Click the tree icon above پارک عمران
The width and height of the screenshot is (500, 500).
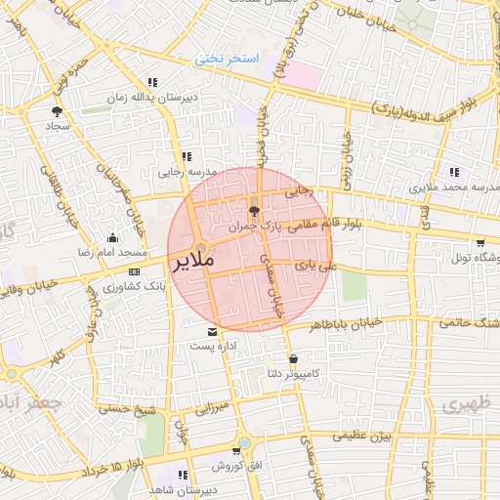tap(255, 210)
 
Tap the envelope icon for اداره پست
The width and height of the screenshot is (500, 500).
tap(213, 333)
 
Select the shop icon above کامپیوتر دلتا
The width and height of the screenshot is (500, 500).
tap(294, 358)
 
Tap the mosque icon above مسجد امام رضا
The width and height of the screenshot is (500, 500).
tap(112, 237)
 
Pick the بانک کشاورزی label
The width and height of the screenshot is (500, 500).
tap(135, 288)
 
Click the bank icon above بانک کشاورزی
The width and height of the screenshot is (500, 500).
tap(134, 272)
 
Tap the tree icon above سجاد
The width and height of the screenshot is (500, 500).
tap(57, 111)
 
